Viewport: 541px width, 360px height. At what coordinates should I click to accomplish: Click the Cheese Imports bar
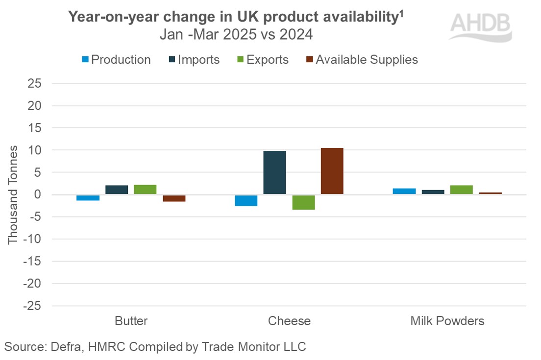[274, 172]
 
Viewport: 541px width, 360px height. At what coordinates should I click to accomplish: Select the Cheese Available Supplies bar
[332, 171]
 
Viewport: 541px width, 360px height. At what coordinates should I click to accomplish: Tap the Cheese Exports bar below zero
[303, 202]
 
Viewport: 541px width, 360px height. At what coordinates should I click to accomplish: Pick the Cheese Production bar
[246, 200]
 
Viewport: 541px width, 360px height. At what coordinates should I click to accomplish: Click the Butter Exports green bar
[145, 190]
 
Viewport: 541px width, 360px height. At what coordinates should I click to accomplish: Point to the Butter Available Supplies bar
[174, 198]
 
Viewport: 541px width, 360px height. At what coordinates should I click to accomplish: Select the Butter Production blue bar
[88, 197]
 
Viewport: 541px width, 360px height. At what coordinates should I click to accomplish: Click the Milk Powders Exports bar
[462, 190]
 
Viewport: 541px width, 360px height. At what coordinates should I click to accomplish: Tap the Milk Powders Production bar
[404, 191]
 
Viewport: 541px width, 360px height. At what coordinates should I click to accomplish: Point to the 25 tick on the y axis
[34, 83]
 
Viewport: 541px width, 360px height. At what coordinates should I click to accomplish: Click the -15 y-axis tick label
[32, 261]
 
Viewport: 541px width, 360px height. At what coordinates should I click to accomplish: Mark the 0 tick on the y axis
[37, 194]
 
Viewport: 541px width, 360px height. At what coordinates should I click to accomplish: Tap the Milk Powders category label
[447, 321]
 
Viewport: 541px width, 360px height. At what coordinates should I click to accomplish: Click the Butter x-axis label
[131, 321]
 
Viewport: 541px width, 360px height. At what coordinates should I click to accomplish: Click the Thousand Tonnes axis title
[13, 194]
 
